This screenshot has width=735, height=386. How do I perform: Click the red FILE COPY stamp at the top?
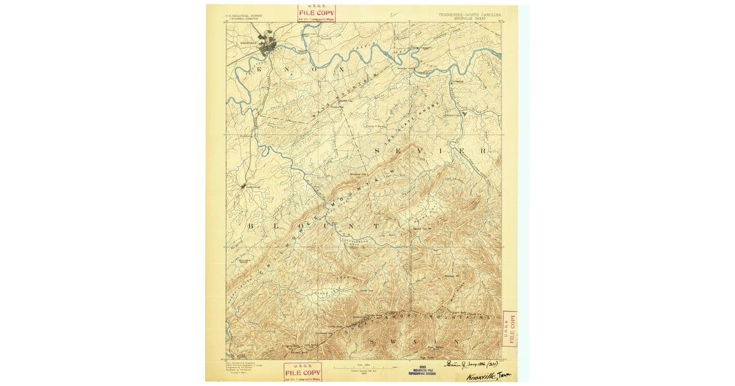coord(316,13)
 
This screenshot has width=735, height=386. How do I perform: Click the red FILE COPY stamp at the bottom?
coord(303,372)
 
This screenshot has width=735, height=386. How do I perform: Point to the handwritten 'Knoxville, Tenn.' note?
coord(489,376)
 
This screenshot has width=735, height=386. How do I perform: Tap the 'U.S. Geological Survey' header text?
coord(244,15)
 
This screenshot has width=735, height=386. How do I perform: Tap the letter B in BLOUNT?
coord(251,227)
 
